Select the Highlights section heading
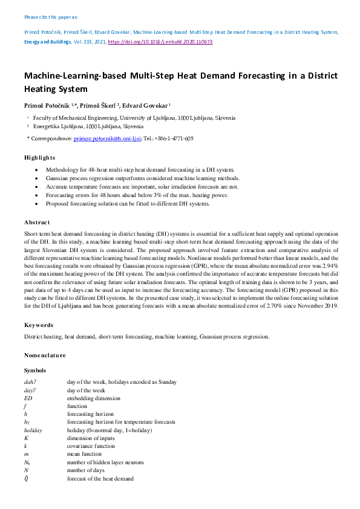click(39, 157)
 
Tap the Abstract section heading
click(37, 222)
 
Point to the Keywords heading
click(39, 325)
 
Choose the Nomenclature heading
click(45, 355)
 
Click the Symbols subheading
click(35, 370)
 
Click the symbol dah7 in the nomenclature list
click(30, 383)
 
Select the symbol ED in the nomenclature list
click(28, 398)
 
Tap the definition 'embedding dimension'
click(93, 398)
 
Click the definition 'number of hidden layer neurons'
click(105, 462)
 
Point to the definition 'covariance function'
click(91, 446)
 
